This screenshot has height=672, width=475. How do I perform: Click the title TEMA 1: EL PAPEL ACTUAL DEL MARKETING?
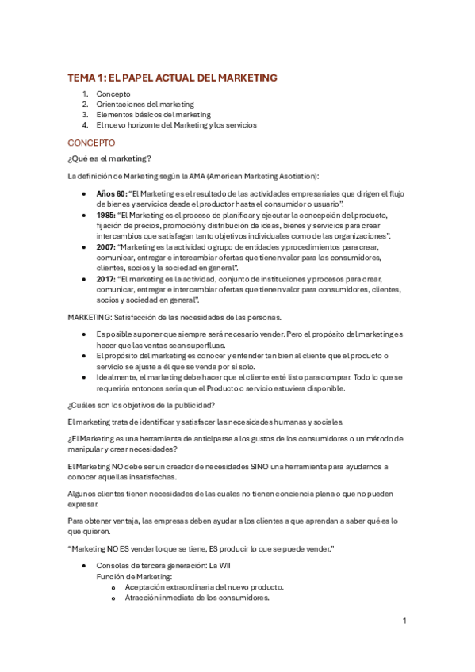[172, 78]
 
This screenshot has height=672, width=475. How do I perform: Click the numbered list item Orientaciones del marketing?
[145, 104]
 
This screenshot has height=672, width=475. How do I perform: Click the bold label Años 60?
[111, 193]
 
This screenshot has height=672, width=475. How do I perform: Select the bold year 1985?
[105, 214]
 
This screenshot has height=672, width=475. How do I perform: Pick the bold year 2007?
[105, 246]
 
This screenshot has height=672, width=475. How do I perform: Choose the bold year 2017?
[105, 279]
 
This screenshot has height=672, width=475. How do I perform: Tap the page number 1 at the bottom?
[404, 620]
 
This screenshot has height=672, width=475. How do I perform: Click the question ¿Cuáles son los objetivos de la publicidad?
[147, 405]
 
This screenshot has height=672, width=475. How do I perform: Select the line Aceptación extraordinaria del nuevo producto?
[205, 588]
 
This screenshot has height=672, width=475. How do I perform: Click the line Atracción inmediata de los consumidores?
[197, 598]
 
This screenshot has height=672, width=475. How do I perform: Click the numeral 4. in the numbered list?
[85, 124]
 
